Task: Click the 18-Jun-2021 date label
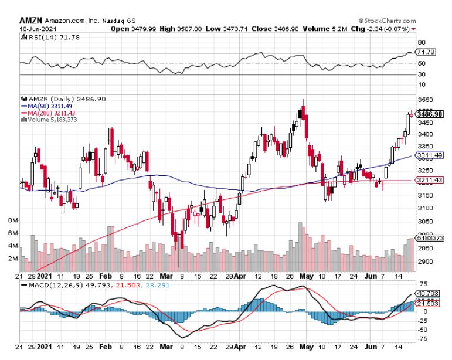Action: [36, 28]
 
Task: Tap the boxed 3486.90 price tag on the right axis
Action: [430, 114]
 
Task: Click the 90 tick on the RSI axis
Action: [421, 43]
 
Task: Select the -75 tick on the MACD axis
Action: [422, 339]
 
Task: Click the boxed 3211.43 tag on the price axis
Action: [430, 181]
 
